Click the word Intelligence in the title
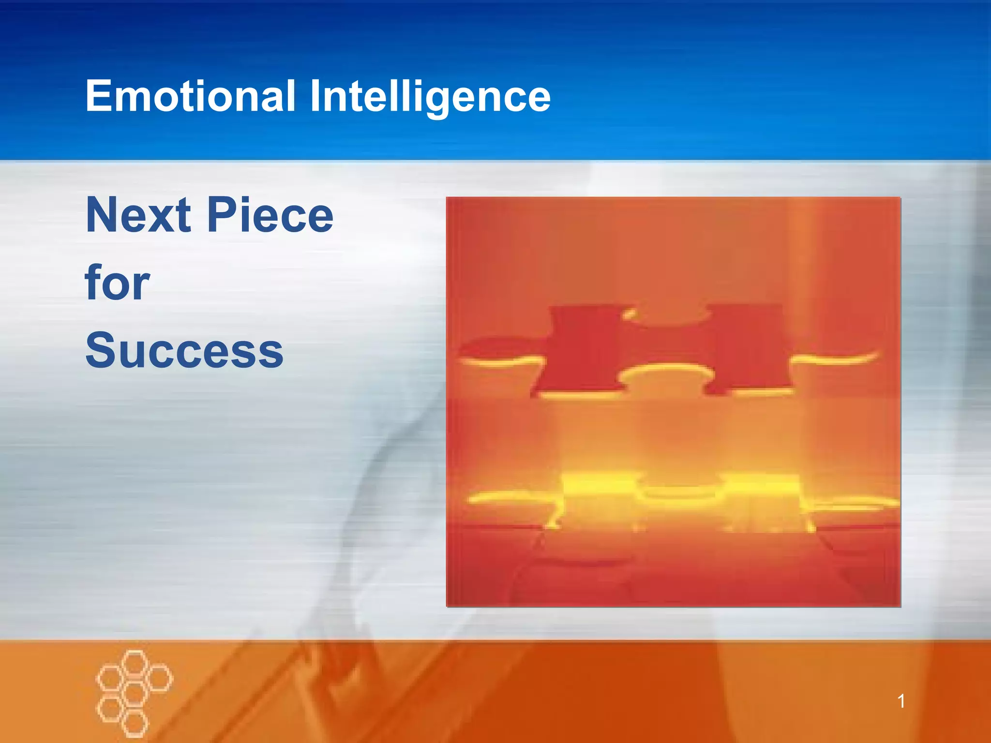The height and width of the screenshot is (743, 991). (x=430, y=97)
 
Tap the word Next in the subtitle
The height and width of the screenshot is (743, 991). (x=138, y=215)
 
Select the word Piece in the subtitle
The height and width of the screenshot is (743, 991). (x=270, y=215)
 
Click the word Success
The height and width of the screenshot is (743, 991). (x=184, y=350)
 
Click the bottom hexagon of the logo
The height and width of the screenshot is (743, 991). (x=134, y=724)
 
